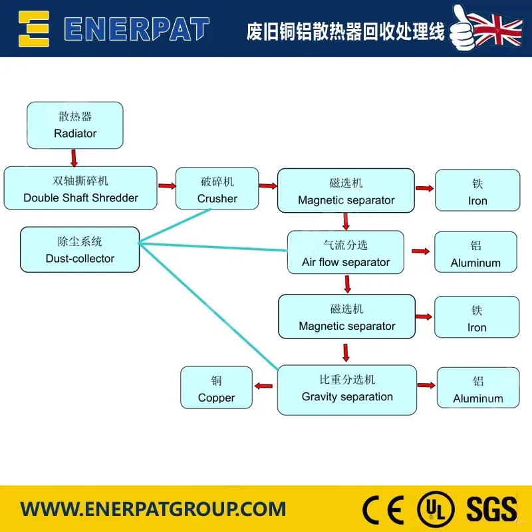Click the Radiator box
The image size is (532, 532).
75,125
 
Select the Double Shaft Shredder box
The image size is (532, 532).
80,188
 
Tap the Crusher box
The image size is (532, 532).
217,189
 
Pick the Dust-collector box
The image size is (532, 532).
80,249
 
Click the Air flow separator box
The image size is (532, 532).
346,253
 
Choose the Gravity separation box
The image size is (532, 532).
347,390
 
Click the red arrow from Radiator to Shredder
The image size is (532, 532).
74,158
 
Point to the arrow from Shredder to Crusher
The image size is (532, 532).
166,186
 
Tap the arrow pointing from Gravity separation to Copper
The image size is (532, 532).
264,386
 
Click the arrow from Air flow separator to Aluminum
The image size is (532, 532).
420,251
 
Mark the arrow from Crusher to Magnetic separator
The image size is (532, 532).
267,186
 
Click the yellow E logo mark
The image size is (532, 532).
34,28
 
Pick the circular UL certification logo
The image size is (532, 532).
435,510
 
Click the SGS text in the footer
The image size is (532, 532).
491,509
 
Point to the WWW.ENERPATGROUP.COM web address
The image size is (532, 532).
153,510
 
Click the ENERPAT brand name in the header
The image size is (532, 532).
136,29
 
